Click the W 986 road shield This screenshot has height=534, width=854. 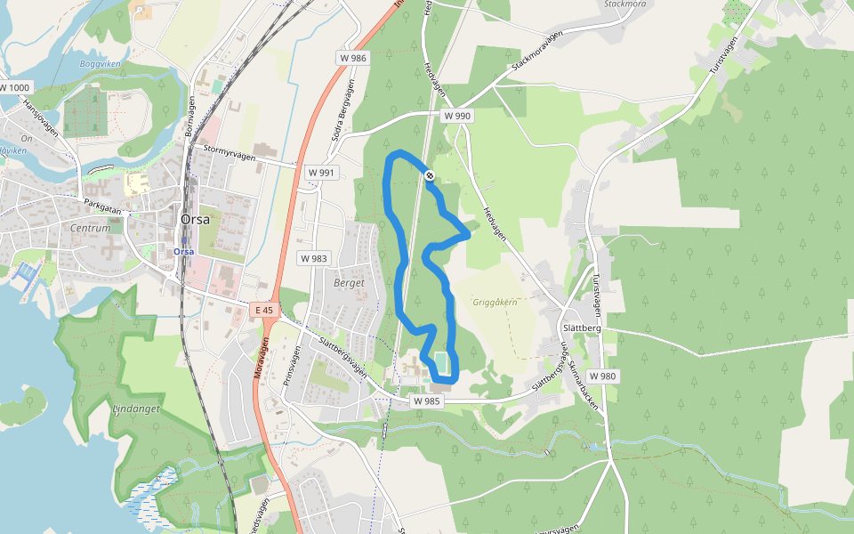tap(352, 58)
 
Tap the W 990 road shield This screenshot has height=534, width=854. tap(457, 116)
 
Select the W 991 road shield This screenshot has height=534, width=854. tap(321, 173)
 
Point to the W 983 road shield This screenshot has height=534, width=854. tap(314, 258)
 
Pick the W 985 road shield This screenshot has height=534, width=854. tap(427, 401)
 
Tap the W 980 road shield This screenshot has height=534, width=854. tap(602, 376)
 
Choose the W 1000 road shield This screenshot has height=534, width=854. tap(15, 88)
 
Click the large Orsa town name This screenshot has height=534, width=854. tap(195, 219)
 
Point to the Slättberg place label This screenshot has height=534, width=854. tap(584, 328)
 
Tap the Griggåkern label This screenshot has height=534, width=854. tap(495, 302)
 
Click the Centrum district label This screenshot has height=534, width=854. tap(90, 228)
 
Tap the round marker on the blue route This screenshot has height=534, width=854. tap(430, 175)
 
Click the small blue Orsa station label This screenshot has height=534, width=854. tap(184, 251)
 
